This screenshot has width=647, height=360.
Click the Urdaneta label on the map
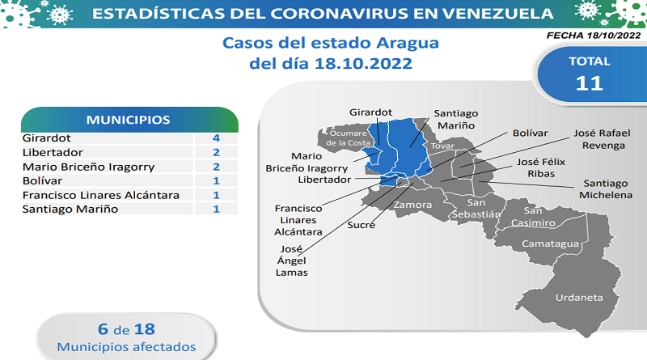pyautogui.click(x=579, y=298)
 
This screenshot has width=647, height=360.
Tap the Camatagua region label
pyautogui.click(x=550, y=244)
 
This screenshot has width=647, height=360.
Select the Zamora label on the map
pyautogui.click(x=412, y=205)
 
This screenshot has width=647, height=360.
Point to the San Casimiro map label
pyautogui.click(x=533, y=217)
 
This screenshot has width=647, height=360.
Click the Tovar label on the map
pyautogui.click(x=442, y=146)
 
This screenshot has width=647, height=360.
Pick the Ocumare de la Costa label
pyautogui.click(x=348, y=138)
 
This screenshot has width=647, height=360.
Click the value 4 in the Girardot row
pyautogui.click(x=216, y=138)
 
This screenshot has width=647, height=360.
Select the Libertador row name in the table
pyautogui.click(x=53, y=152)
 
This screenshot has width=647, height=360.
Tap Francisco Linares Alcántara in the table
pyautogui.click(x=100, y=195)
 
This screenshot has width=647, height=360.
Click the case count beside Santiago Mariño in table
pyautogui.click(x=216, y=210)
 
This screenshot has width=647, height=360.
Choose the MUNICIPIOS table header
pyautogui.click(x=128, y=121)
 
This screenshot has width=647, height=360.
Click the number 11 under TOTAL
pyautogui.click(x=590, y=83)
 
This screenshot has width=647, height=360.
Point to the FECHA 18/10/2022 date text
pyautogui.click(x=594, y=36)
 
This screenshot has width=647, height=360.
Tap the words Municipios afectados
pyautogui.click(x=126, y=347)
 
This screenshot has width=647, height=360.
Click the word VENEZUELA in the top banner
pyautogui.click(x=497, y=14)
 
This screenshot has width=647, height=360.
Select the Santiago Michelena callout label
pyautogui.click(x=606, y=189)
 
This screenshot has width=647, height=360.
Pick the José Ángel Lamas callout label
pyautogui.click(x=292, y=260)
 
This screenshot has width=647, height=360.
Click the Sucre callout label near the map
pyautogui.click(x=361, y=225)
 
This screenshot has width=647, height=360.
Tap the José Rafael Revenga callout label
pyautogui.click(x=602, y=139)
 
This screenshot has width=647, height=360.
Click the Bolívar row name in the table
pyautogui.click(x=42, y=181)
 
